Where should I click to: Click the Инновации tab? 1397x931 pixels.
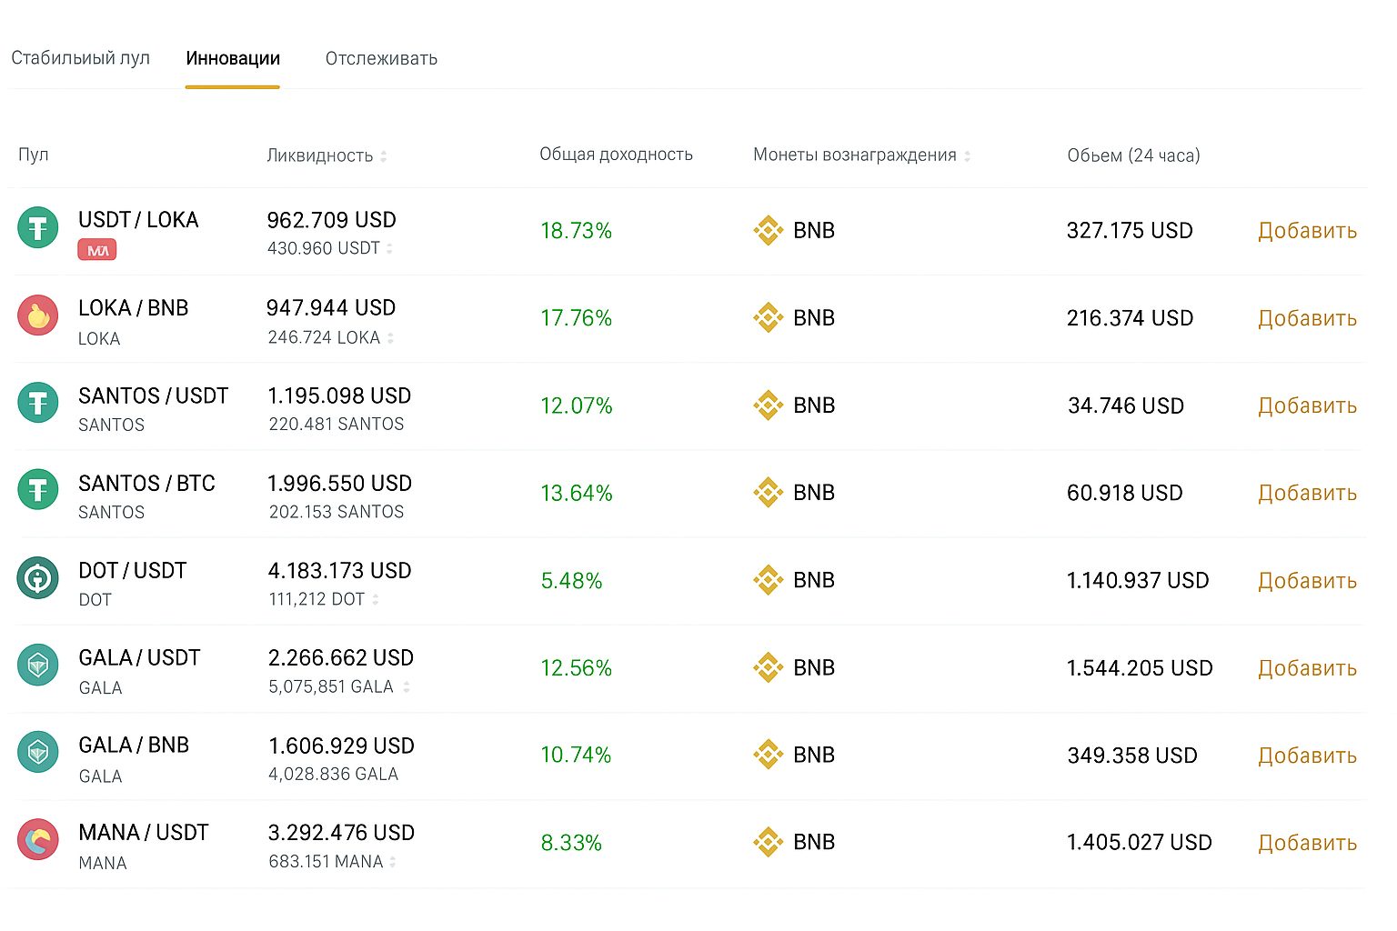[233, 58]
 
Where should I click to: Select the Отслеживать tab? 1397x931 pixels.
[381, 58]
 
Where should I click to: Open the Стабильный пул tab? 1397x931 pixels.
[80, 58]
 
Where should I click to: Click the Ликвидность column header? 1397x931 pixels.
[319, 155]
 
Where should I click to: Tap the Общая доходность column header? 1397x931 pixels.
[616, 155]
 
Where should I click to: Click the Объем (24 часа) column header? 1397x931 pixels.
[1133, 155]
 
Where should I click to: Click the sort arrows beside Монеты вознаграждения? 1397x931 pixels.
[968, 156]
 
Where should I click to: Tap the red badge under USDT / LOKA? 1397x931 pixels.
[97, 250]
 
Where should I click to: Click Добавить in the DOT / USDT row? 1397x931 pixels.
[1307, 581]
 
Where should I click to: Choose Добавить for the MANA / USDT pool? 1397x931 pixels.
[1307, 843]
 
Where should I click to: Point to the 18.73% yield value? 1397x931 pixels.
[576, 231]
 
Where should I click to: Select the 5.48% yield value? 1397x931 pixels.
[571, 581]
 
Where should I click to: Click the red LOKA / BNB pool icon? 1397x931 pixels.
[38, 315]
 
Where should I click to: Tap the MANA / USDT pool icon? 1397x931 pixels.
[38, 840]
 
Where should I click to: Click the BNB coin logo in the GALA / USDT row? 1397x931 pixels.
[769, 667]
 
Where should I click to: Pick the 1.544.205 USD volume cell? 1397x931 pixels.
[1140, 668]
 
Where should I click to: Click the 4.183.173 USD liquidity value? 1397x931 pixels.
[339, 571]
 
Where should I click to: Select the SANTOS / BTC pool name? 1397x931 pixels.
[146, 484]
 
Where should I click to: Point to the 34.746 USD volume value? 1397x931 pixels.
[1126, 406]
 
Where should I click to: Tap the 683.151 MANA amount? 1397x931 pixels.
[326, 861]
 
